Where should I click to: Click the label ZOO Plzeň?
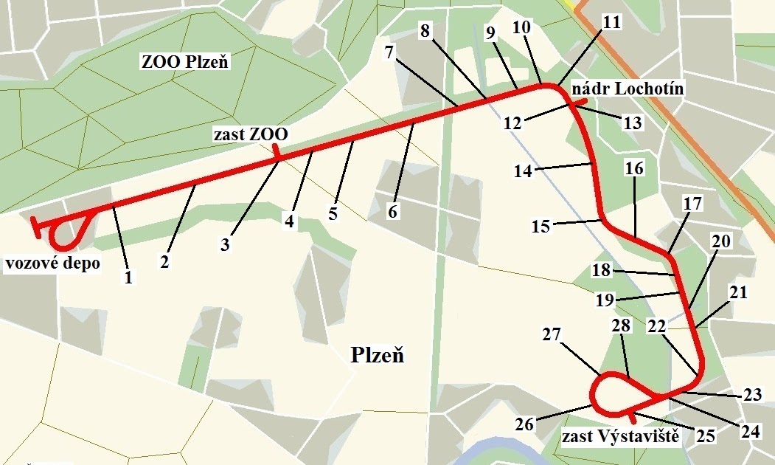(186, 61)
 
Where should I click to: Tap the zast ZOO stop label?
(251, 135)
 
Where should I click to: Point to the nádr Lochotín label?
(628, 89)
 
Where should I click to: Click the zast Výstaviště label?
(620, 437)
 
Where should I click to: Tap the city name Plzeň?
(377, 356)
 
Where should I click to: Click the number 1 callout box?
(128, 278)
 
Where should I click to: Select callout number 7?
(391, 52)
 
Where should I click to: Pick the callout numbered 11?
(611, 22)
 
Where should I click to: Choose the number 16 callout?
(634, 168)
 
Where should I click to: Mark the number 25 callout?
(706, 435)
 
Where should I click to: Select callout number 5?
(333, 215)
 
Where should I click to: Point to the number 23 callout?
(752, 395)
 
